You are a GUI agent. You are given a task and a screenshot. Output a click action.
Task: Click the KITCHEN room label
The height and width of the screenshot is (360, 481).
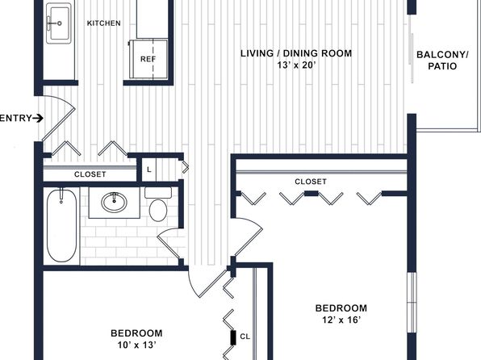coord(103,23)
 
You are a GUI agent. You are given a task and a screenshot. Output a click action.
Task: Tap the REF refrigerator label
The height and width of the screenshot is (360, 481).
coord(148,59)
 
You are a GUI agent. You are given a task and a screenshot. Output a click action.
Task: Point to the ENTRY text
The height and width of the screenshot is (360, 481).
coord(15,119)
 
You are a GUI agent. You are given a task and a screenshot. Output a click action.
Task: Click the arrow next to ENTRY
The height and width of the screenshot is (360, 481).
coord(38,119)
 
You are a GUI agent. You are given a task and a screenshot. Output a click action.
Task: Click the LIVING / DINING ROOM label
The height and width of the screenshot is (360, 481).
coord(297,54)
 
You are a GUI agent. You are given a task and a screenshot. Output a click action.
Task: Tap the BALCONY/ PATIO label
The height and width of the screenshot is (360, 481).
coord(441,61)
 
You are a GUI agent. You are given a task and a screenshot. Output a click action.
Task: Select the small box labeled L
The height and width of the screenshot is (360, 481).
coord(149,169)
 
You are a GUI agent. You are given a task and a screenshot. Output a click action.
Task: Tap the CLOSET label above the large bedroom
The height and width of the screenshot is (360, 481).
coord(310,182)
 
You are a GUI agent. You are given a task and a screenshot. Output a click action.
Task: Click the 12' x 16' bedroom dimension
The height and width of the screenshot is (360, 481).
coord(341,320)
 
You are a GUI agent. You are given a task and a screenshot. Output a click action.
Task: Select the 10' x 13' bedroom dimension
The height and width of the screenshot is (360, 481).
coord(136,345)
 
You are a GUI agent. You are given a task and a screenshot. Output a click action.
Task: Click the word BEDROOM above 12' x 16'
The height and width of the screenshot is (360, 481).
coord(341,308)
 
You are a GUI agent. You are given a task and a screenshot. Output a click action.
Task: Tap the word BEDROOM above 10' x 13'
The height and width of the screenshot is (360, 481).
coord(136,333)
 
